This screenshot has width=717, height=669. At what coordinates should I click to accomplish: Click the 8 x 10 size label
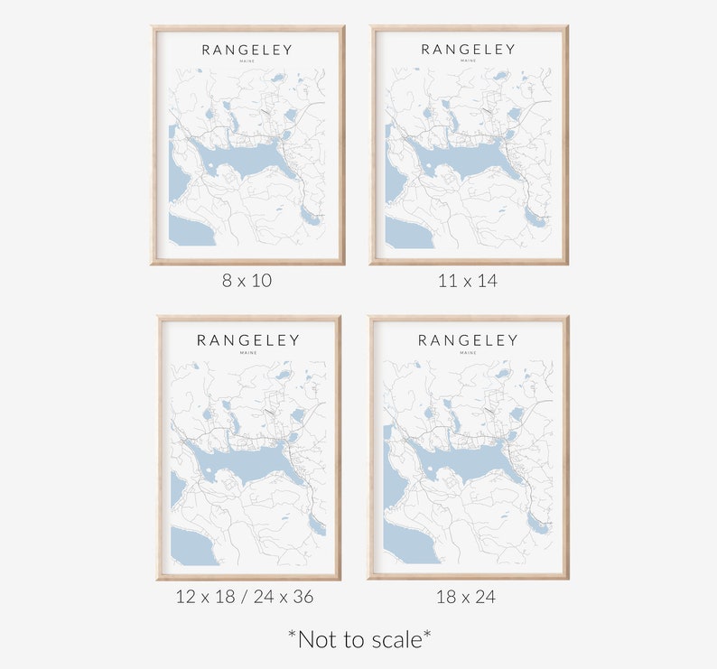pyautogui.click(x=247, y=280)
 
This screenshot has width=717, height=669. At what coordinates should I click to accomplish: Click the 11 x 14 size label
pyautogui.click(x=468, y=280)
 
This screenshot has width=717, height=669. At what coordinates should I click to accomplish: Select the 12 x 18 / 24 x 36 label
pyautogui.click(x=246, y=596)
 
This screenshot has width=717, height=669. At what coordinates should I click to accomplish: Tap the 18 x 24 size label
pyautogui.click(x=467, y=596)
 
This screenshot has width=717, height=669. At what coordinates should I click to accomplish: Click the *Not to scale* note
pyautogui.click(x=359, y=639)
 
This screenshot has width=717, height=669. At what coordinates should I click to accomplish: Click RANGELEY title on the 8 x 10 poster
pyautogui.click(x=247, y=50)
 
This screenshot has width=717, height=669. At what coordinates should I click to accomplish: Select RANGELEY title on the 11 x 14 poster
pyautogui.click(x=469, y=50)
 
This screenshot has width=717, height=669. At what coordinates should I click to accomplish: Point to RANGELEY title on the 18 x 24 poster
pyautogui.click(x=468, y=340)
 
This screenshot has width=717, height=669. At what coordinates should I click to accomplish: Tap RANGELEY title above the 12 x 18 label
pyautogui.click(x=248, y=340)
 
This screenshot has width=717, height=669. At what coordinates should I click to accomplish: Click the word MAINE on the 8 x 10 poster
pyautogui.click(x=247, y=62)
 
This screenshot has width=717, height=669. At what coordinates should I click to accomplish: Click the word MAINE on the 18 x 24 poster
pyautogui.click(x=468, y=353)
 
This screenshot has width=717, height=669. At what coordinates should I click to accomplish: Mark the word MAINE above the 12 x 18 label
pyautogui.click(x=248, y=353)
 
